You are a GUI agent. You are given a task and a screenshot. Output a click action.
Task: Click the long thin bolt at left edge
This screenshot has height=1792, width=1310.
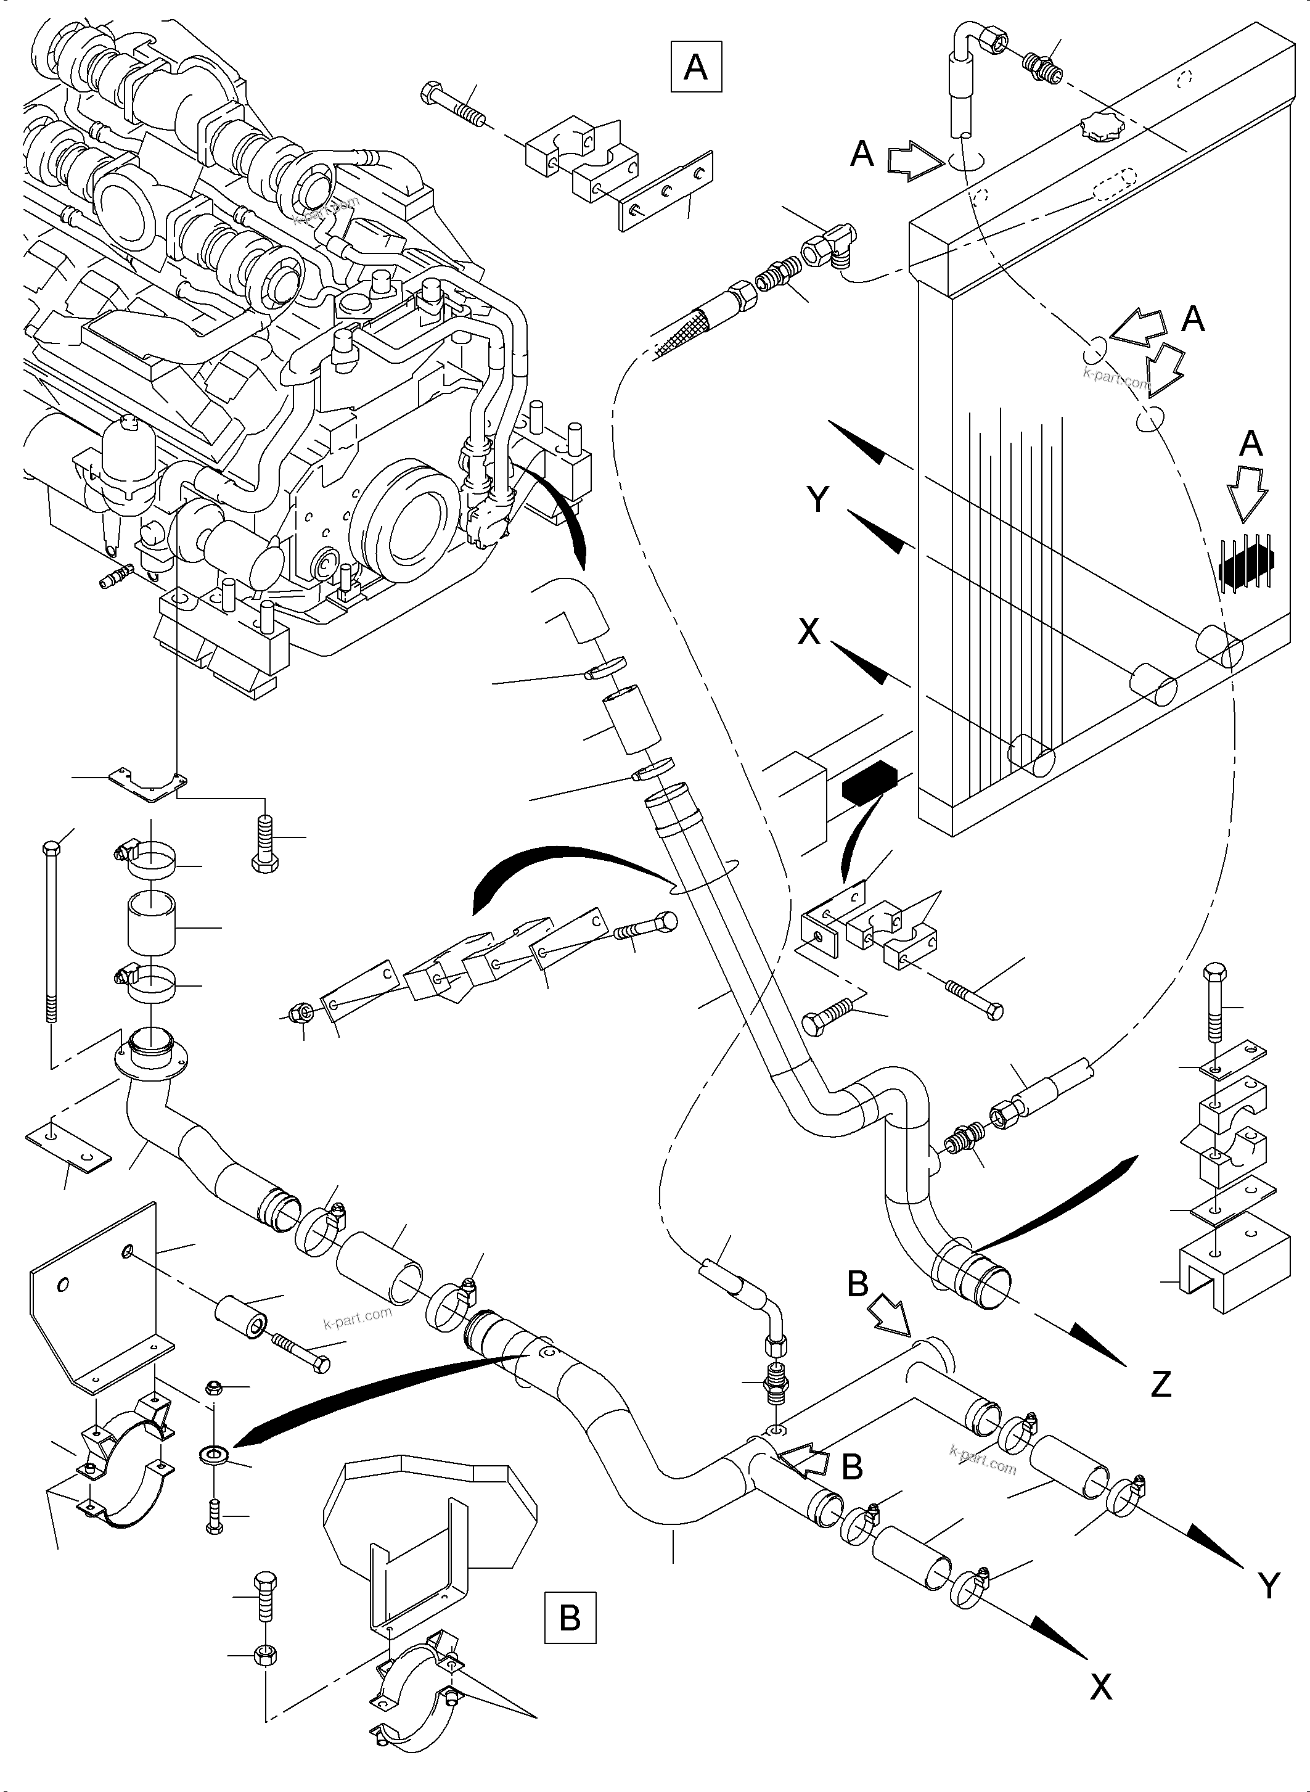point(51,936)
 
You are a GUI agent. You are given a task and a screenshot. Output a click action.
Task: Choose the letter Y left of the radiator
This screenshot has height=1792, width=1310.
point(817,501)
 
